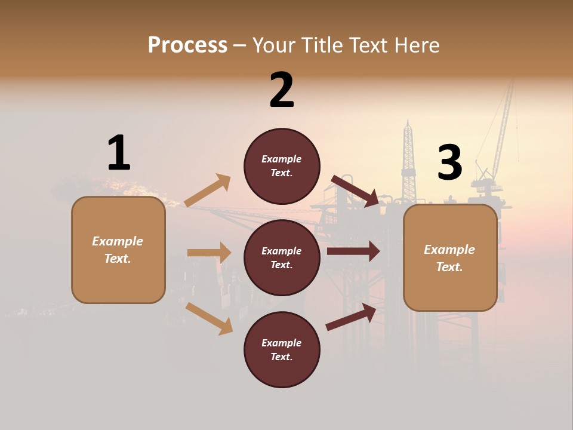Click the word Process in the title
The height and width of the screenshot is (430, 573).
[x=187, y=45]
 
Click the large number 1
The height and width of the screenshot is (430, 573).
[x=119, y=153]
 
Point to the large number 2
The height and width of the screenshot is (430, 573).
[x=282, y=90]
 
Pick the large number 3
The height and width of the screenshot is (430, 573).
[x=449, y=163]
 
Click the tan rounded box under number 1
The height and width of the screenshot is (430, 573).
[x=118, y=250]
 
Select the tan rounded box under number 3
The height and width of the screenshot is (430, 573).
[x=450, y=258]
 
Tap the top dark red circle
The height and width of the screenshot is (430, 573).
[x=282, y=166]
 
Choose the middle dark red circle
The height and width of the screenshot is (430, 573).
[x=282, y=258]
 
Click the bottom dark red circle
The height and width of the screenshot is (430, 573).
[x=282, y=350]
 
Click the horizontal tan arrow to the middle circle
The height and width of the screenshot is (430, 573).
[x=209, y=253]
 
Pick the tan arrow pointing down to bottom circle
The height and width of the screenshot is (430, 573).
[x=209, y=318]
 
